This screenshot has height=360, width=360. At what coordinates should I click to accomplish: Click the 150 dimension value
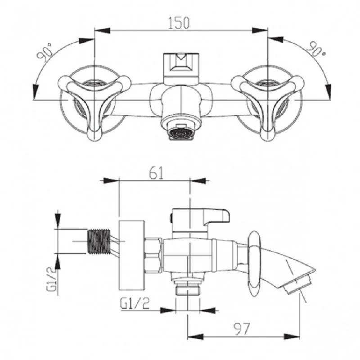[x=179, y=23]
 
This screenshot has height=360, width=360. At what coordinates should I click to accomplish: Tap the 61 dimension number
[x=156, y=173]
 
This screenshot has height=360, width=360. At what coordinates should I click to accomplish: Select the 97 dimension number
[x=241, y=329]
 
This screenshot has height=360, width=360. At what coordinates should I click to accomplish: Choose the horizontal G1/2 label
[x=135, y=303]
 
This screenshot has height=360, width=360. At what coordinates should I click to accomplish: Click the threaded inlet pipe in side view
[x=99, y=241]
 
